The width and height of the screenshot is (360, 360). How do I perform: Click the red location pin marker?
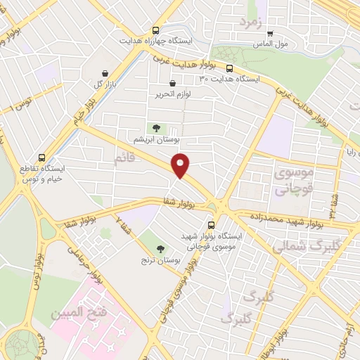pyautogui.click(x=181, y=165)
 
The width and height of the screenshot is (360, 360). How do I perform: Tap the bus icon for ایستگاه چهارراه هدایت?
pyautogui.click(x=155, y=31)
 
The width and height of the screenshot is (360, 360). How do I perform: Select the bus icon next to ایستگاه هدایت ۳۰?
pyautogui.click(x=230, y=68)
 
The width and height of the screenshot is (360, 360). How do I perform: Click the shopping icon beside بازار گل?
pyautogui.click(x=105, y=73)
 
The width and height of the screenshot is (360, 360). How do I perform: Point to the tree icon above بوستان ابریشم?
pyautogui.click(x=156, y=127)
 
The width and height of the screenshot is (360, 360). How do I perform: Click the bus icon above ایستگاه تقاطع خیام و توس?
pyautogui.click(x=43, y=158)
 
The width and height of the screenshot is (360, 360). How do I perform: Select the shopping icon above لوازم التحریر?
pyautogui.click(x=172, y=83)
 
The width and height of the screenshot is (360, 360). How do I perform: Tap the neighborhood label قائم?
pyautogui.click(x=124, y=160)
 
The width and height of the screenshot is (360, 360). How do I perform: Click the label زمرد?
pyautogui.click(x=250, y=21)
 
